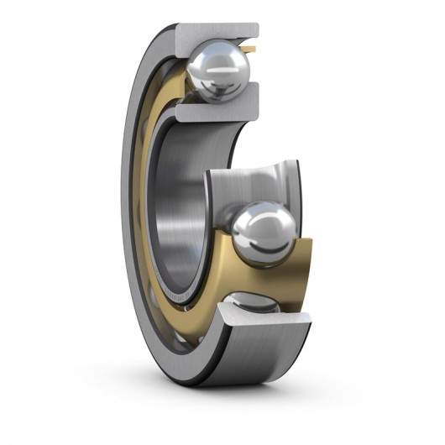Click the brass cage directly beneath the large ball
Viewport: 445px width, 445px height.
(x=252, y=273)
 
